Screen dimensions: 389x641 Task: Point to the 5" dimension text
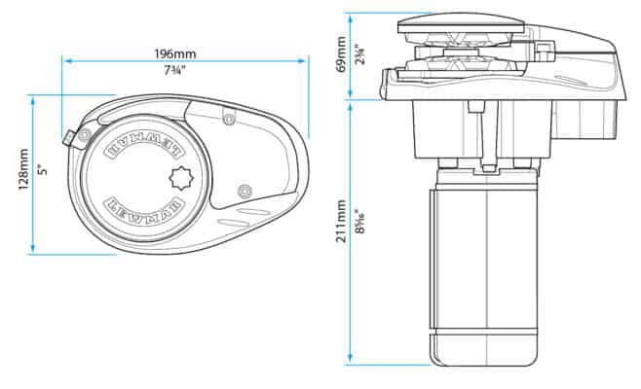pos(41,170)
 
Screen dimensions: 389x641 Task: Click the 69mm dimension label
pos(340,54)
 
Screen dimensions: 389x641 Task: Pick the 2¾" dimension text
pos(360,54)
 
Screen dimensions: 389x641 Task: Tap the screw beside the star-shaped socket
pos(244,188)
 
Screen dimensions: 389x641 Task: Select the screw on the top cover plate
pos(228,119)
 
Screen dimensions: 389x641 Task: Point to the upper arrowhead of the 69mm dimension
pos(351,17)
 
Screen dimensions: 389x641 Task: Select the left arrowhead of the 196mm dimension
pos(66,59)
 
